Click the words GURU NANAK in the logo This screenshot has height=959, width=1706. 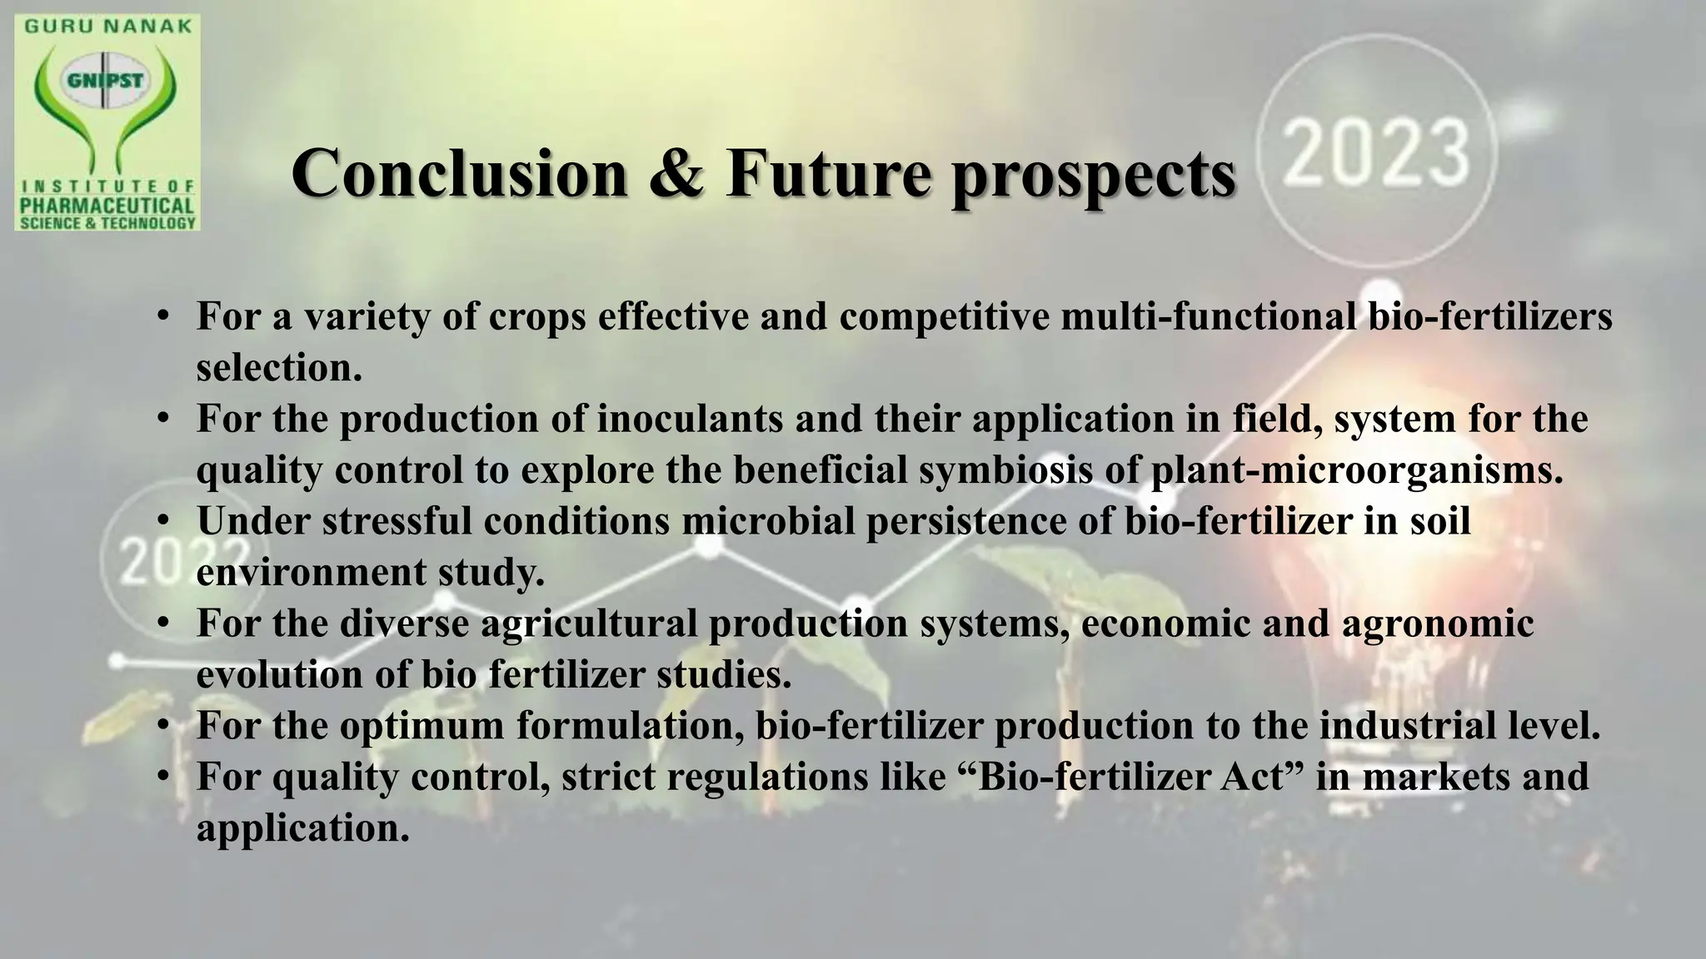click(107, 26)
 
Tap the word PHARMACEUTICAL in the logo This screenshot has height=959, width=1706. click(107, 205)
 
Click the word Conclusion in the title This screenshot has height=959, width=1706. click(459, 173)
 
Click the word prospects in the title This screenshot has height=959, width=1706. click(1094, 175)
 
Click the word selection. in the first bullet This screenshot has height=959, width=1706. click(279, 368)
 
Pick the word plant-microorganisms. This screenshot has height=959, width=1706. click(1356, 470)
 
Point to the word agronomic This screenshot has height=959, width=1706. click(1437, 624)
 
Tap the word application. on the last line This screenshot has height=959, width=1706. click(303, 828)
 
